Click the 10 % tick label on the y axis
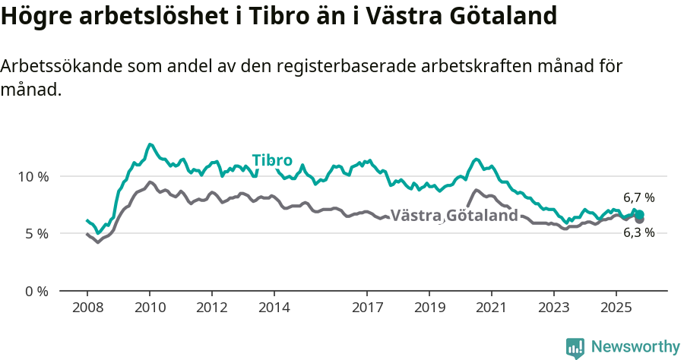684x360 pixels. (x=33, y=176)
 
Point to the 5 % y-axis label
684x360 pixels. (x=36, y=234)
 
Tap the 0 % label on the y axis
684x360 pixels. (x=36, y=292)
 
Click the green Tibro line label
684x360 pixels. (x=272, y=160)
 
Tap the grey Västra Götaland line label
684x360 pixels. (x=454, y=216)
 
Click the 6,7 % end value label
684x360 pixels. (x=638, y=198)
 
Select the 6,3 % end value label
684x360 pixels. (x=638, y=233)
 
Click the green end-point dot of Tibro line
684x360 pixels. (x=639, y=215)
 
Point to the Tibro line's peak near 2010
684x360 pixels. (x=150, y=144)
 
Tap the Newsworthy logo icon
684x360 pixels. (x=575, y=347)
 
